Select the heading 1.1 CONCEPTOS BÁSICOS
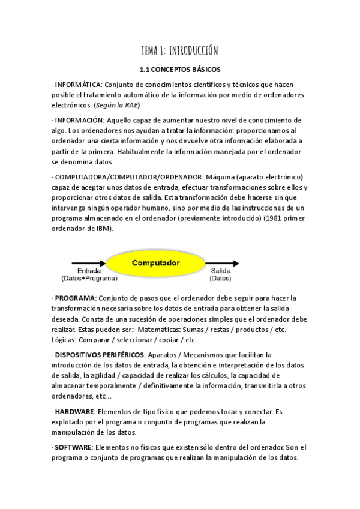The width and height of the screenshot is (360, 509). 179,70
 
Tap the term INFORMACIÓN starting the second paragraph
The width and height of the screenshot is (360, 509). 77,121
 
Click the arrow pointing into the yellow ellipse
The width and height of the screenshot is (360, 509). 88,263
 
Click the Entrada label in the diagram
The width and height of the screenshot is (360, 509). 89,271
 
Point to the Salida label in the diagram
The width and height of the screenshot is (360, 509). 221,271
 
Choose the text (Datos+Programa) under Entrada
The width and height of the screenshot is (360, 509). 89,278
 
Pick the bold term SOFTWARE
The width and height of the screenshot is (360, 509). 73,448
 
